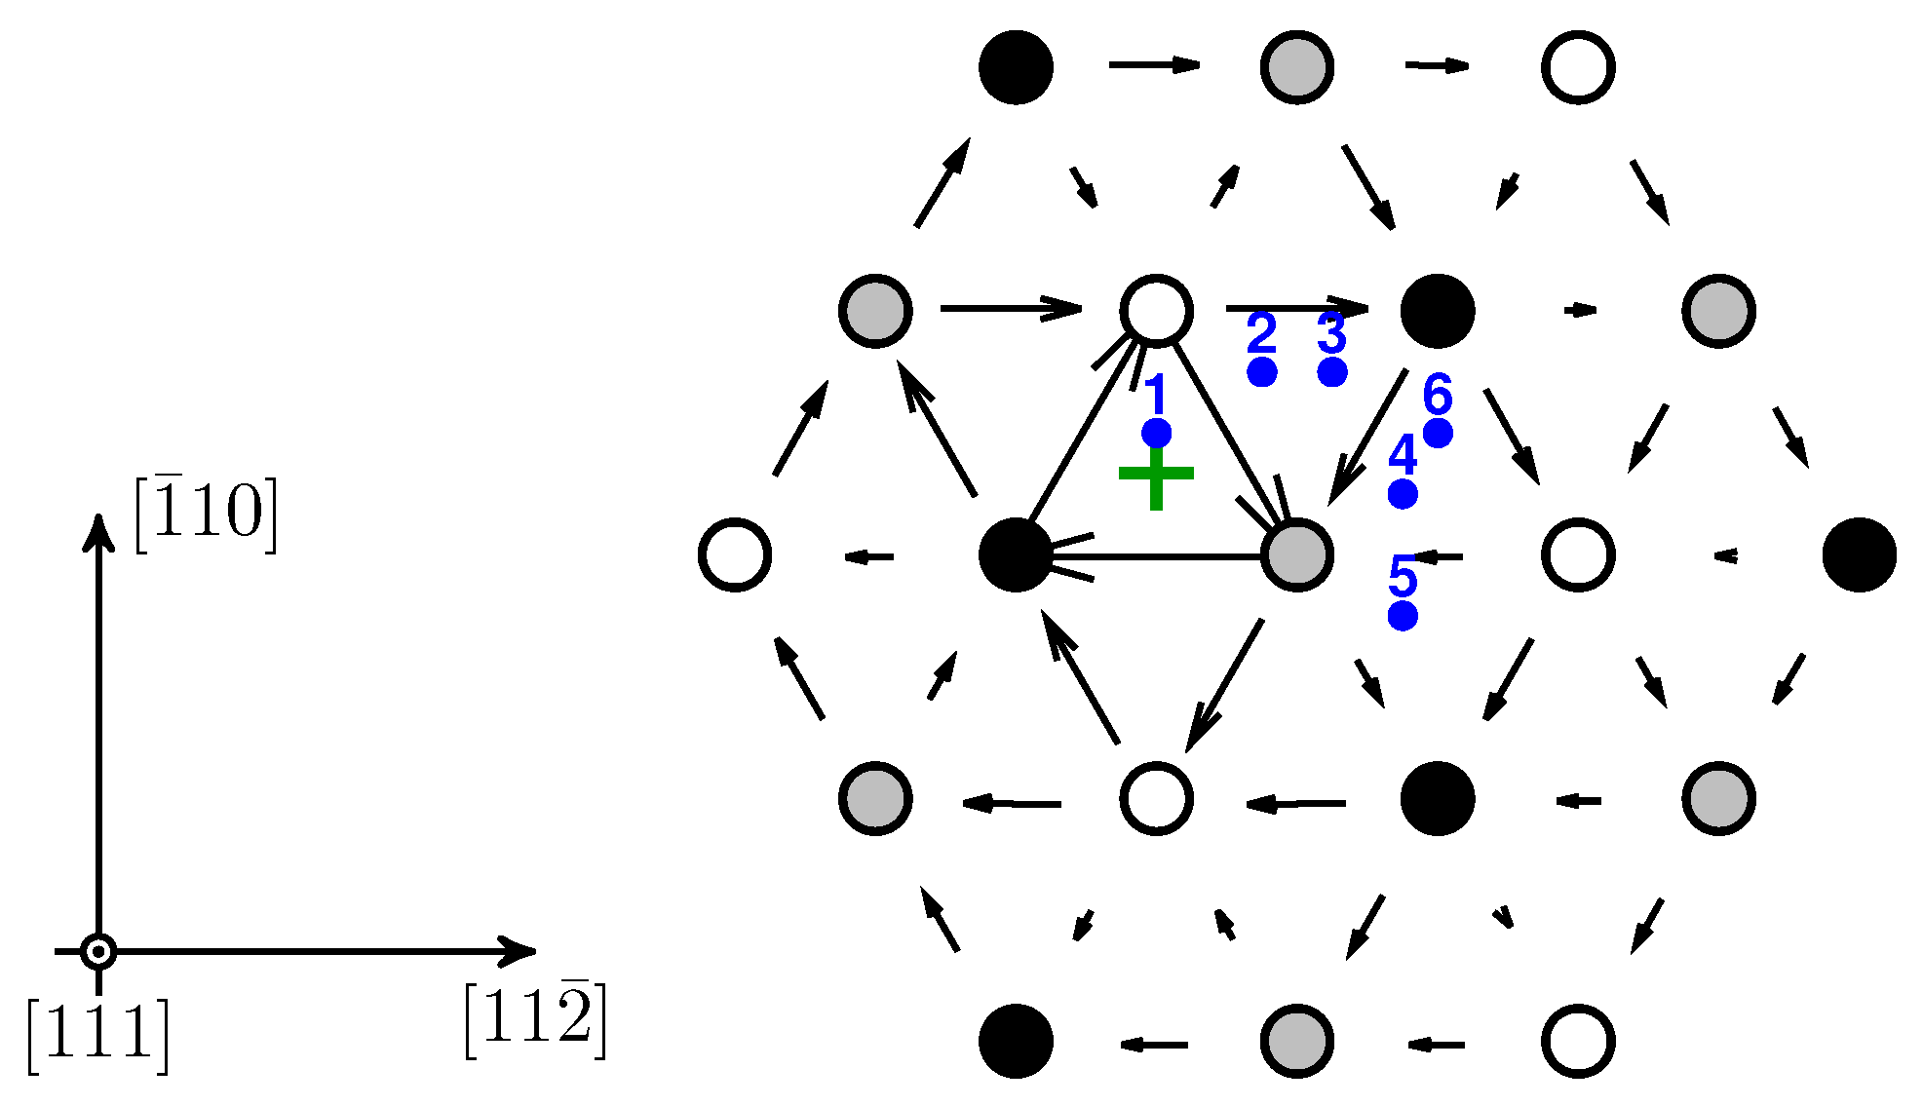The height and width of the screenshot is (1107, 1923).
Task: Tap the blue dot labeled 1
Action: [1156, 433]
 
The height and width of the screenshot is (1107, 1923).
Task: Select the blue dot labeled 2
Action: [1262, 372]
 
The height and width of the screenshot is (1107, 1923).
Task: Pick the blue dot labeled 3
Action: [1332, 372]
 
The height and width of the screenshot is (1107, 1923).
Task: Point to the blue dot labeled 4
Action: [1403, 494]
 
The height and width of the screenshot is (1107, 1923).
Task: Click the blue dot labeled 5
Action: [1403, 616]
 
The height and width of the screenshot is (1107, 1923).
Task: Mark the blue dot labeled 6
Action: [1438, 433]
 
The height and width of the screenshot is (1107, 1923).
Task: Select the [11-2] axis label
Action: [535, 1021]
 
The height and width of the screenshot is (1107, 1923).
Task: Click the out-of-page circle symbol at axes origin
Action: [98, 951]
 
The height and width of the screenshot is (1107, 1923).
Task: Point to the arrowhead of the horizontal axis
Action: [520, 951]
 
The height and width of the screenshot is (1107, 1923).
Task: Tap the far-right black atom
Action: [1860, 554]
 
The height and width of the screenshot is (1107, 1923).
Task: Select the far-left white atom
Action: [735, 554]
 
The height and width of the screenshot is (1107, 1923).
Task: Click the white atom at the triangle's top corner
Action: [1156, 311]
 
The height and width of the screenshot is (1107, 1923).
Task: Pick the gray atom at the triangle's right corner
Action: [1296, 554]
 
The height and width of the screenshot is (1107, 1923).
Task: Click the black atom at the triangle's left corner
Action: [1016, 554]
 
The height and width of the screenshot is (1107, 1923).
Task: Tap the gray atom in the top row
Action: [1296, 67]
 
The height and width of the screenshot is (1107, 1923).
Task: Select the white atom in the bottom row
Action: [1578, 1041]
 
